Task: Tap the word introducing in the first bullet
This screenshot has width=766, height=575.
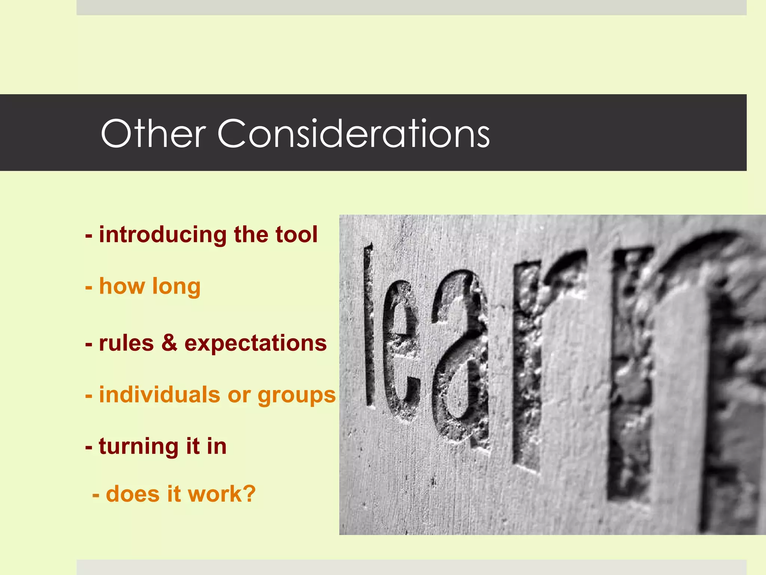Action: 162,235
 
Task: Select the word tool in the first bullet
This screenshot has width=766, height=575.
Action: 297,235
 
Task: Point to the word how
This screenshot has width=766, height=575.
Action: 122,286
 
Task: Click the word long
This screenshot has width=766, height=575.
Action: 176,287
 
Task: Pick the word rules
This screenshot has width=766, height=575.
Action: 126,343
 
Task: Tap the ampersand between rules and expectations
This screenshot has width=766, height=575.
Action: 169,343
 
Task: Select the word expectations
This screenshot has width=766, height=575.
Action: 255,344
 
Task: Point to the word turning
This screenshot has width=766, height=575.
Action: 139,447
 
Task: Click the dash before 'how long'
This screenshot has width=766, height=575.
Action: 89,287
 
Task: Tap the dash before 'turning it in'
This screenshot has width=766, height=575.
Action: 89,447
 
